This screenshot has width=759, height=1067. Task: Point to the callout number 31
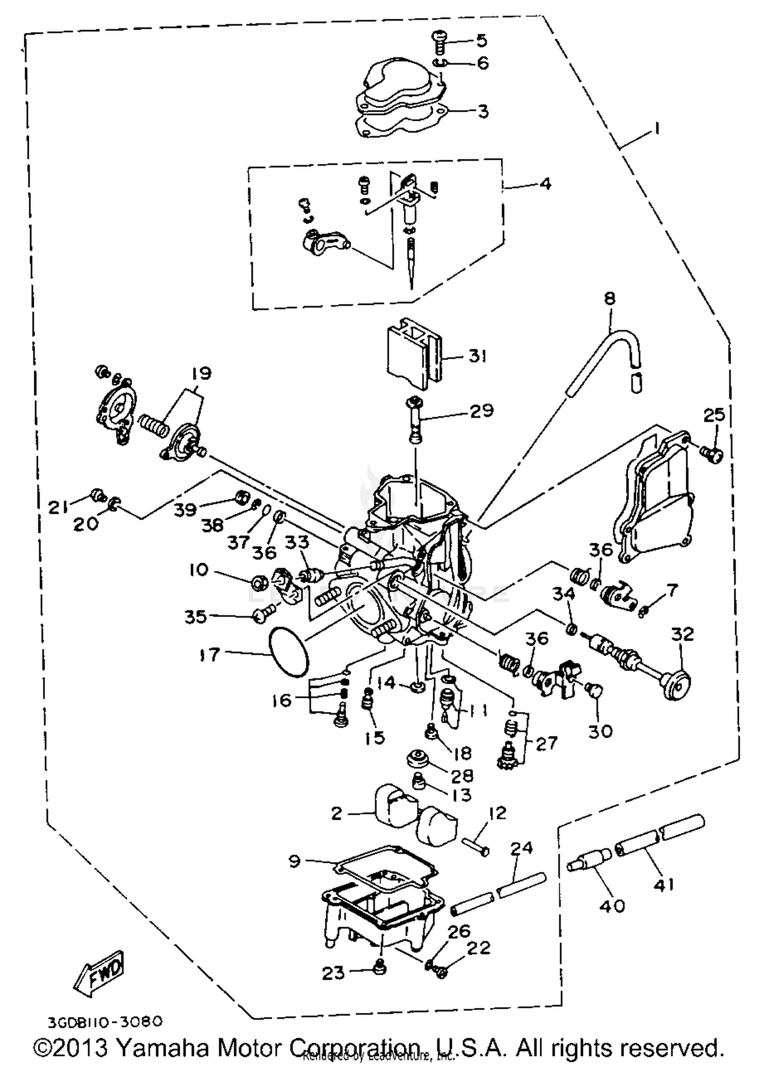click(x=477, y=356)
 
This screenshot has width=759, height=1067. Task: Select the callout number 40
click(x=612, y=905)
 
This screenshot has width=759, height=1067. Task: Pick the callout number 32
click(x=682, y=634)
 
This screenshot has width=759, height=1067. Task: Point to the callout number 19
click(x=201, y=374)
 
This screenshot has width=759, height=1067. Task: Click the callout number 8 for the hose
click(x=610, y=298)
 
